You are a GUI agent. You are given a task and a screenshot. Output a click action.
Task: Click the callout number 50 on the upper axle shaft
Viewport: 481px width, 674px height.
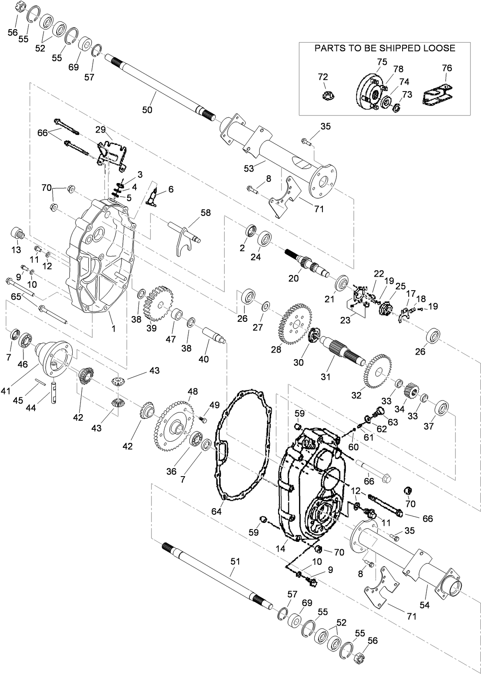[147, 110]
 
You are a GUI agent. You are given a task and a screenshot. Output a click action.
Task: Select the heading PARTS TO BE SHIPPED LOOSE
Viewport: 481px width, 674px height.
[384, 48]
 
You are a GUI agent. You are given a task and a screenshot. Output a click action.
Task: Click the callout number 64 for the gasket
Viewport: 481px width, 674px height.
[216, 511]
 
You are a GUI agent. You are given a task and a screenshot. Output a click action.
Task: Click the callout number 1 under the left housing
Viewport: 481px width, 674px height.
[114, 328]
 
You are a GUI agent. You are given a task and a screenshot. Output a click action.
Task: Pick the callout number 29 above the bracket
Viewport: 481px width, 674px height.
[101, 130]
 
